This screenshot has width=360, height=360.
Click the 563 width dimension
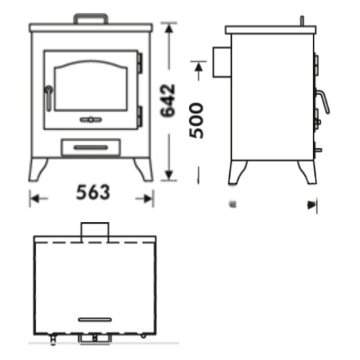pos(93,192)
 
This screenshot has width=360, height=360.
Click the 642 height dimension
pos(168,100)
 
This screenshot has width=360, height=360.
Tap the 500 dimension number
pos(196,120)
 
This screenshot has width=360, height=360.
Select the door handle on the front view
pos(48,98)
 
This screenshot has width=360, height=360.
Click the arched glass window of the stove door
pos(91,85)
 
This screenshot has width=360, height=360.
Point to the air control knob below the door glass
pos(91,120)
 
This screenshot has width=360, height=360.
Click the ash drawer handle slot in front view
pos(91,147)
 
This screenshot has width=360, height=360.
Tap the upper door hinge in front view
pos(140,62)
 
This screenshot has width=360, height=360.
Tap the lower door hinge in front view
pos(140,116)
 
